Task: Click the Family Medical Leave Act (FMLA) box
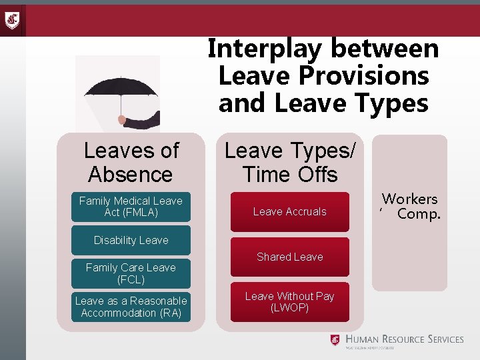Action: coord(131,207)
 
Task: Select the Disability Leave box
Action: coord(131,240)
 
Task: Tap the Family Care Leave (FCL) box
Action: coord(131,273)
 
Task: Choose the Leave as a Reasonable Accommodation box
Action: coord(131,307)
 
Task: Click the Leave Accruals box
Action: coord(289,212)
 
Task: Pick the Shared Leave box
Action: coord(289,257)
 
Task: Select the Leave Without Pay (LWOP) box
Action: coord(289,302)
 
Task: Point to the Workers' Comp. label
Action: coord(411,206)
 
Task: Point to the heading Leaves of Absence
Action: coord(131,162)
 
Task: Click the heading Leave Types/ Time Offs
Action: coord(289,162)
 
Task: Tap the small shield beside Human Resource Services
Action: coord(335,340)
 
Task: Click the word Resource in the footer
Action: coord(396,339)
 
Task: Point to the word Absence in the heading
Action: coord(131,175)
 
